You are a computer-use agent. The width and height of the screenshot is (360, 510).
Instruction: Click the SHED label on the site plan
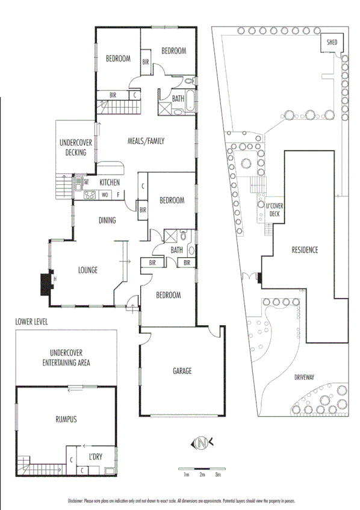click(332, 43)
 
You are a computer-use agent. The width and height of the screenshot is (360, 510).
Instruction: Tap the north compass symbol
click(202, 444)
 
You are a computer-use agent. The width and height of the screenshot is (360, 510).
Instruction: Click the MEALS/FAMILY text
click(146, 141)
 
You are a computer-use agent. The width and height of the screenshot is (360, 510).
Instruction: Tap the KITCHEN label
click(110, 182)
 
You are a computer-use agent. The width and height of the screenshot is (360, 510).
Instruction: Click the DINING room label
click(107, 221)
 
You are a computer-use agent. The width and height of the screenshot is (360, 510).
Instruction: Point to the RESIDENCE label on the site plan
click(304, 250)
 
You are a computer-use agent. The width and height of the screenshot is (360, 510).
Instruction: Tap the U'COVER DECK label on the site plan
click(274, 210)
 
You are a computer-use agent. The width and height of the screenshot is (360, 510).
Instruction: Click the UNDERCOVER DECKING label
click(76, 148)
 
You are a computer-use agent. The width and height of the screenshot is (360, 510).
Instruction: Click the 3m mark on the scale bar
click(218, 475)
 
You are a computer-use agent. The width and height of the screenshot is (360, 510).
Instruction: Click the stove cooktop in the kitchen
click(90, 194)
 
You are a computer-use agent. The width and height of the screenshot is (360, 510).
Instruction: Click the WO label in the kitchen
click(105, 194)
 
